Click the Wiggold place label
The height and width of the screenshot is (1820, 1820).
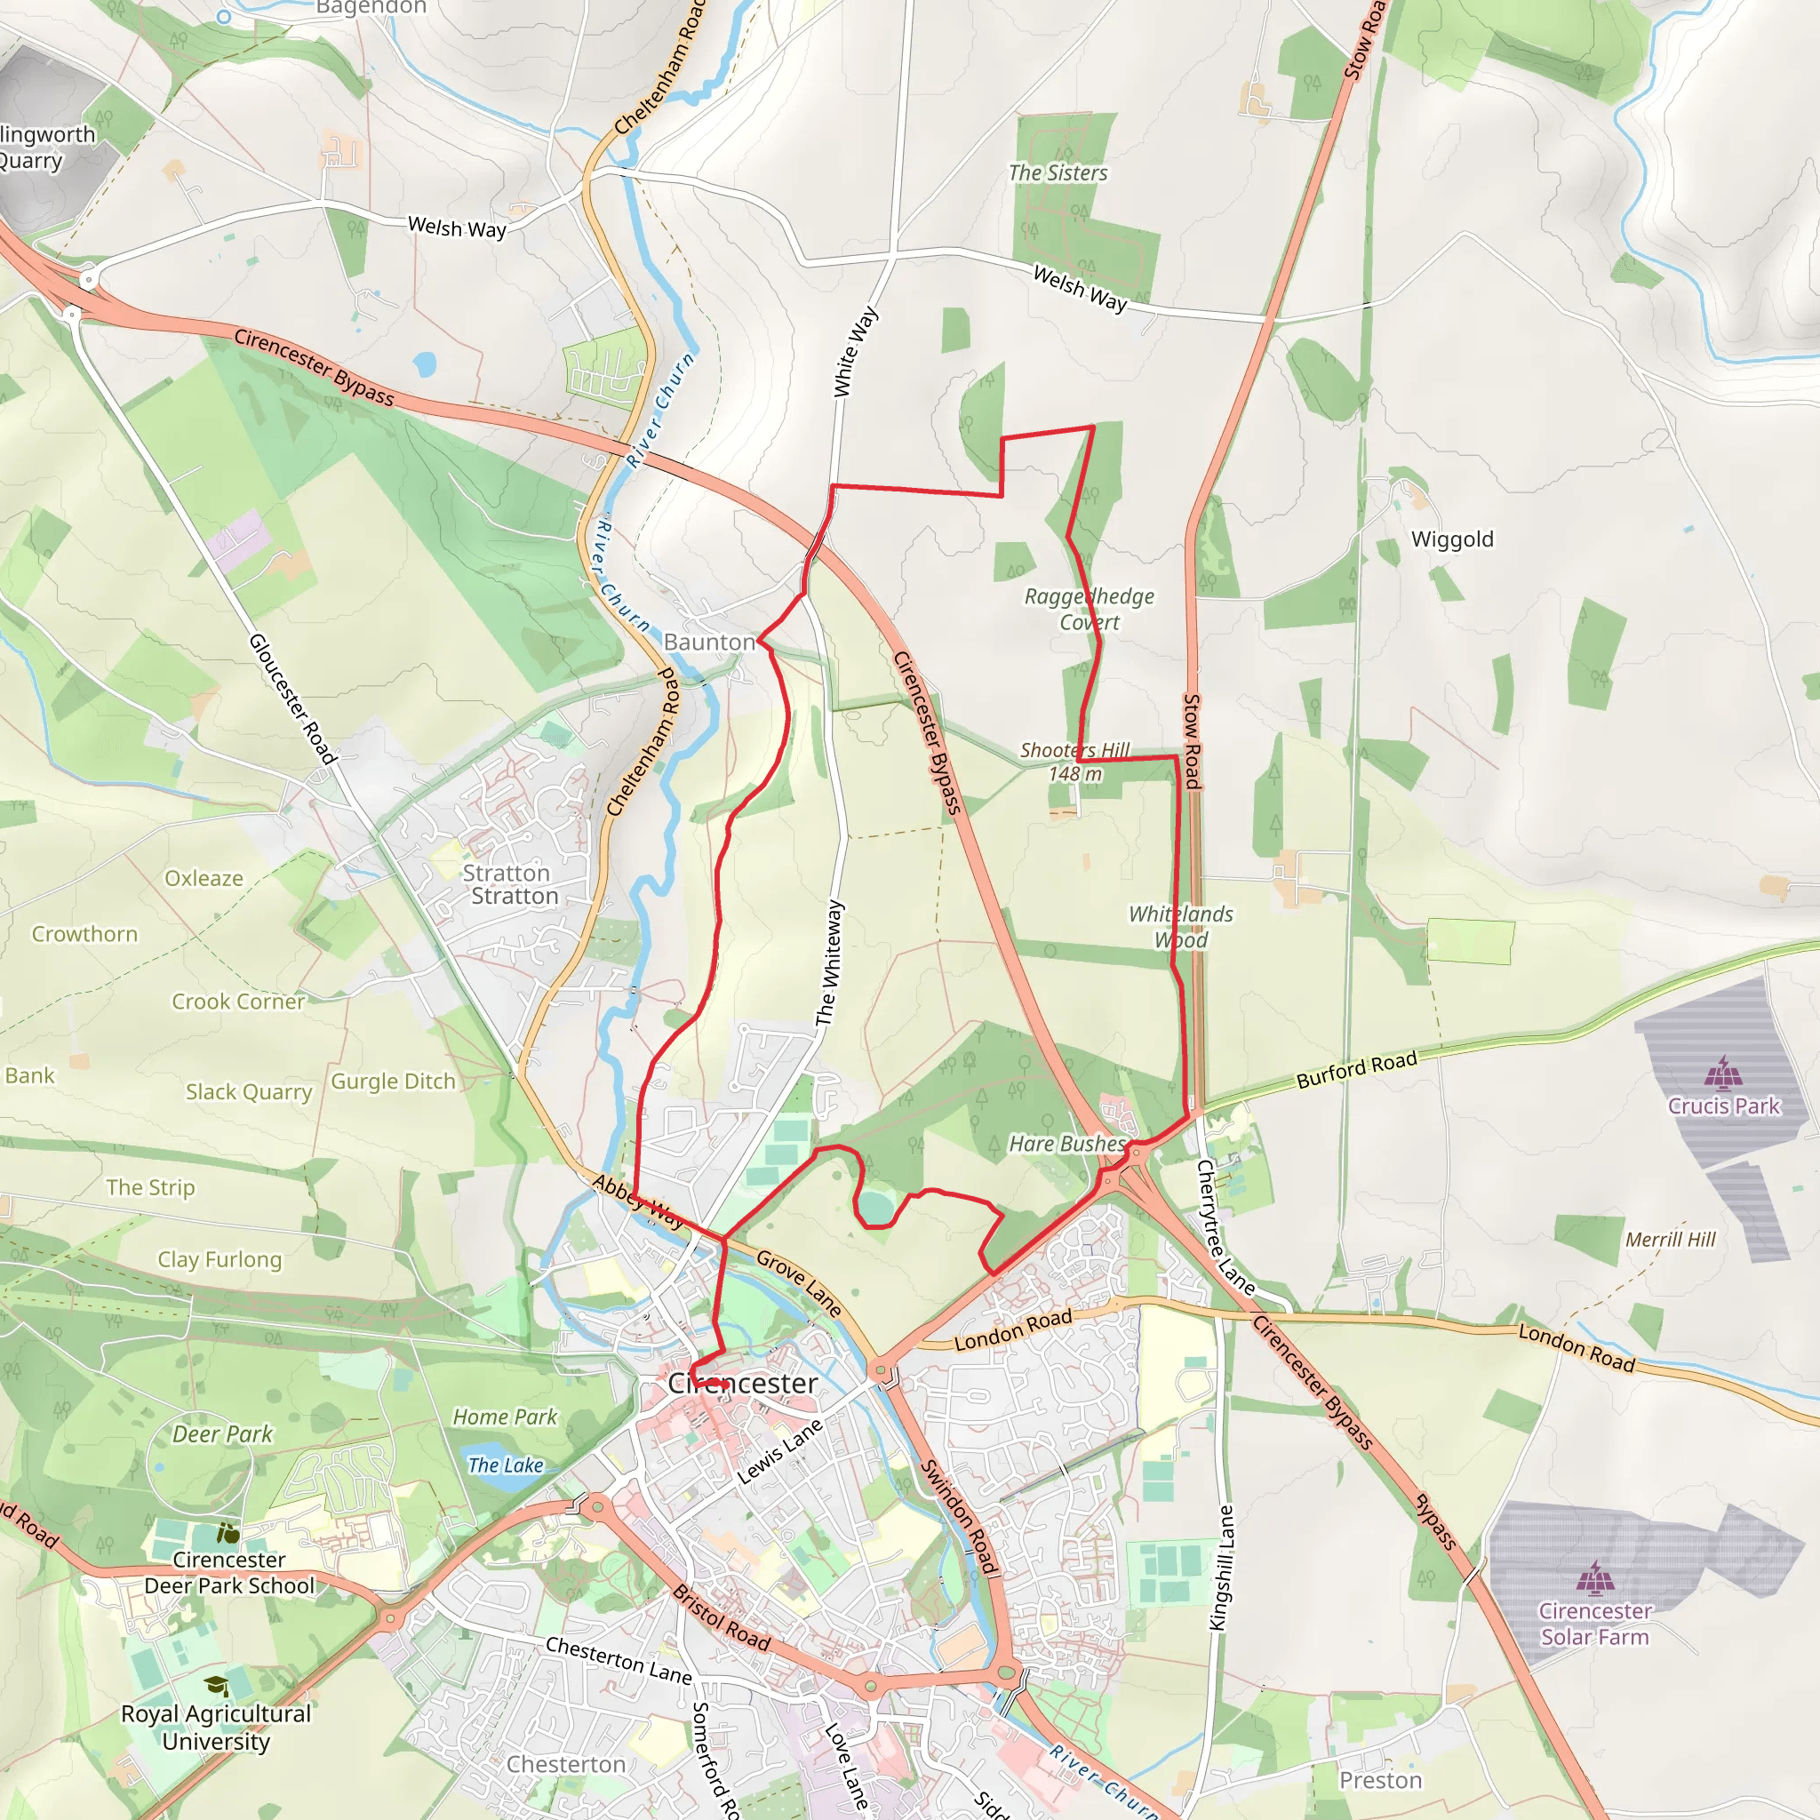pos(1452,539)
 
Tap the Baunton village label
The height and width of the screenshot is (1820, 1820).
pos(708,642)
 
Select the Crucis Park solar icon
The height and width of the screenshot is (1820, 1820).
pos(1723,1071)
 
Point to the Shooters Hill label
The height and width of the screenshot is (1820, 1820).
pos(1075,750)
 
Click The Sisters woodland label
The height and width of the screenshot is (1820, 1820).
pos(1058,172)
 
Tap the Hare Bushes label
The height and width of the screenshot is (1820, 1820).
pos(1067,1144)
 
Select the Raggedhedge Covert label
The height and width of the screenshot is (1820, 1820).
pos(1089,609)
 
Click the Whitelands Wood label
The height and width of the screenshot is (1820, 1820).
pos(1180,926)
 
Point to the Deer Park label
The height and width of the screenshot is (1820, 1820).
pos(222,1433)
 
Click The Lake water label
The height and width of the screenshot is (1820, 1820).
pos(505,1465)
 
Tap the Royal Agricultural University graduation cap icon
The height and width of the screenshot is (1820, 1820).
pos(217,1685)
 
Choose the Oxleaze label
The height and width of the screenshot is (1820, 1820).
pos(204,878)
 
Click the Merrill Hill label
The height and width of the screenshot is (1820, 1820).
pos(1670,1240)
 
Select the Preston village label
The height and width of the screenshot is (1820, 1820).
pos(1380,1780)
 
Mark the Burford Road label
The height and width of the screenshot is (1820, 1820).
pos(1356,1070)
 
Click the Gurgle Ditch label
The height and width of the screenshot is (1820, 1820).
pos(393,1082)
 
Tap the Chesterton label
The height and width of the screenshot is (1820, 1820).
pos(566,1764)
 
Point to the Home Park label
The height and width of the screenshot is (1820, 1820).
pos(505,1417)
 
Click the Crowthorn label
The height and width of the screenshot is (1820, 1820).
pos(84,934)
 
